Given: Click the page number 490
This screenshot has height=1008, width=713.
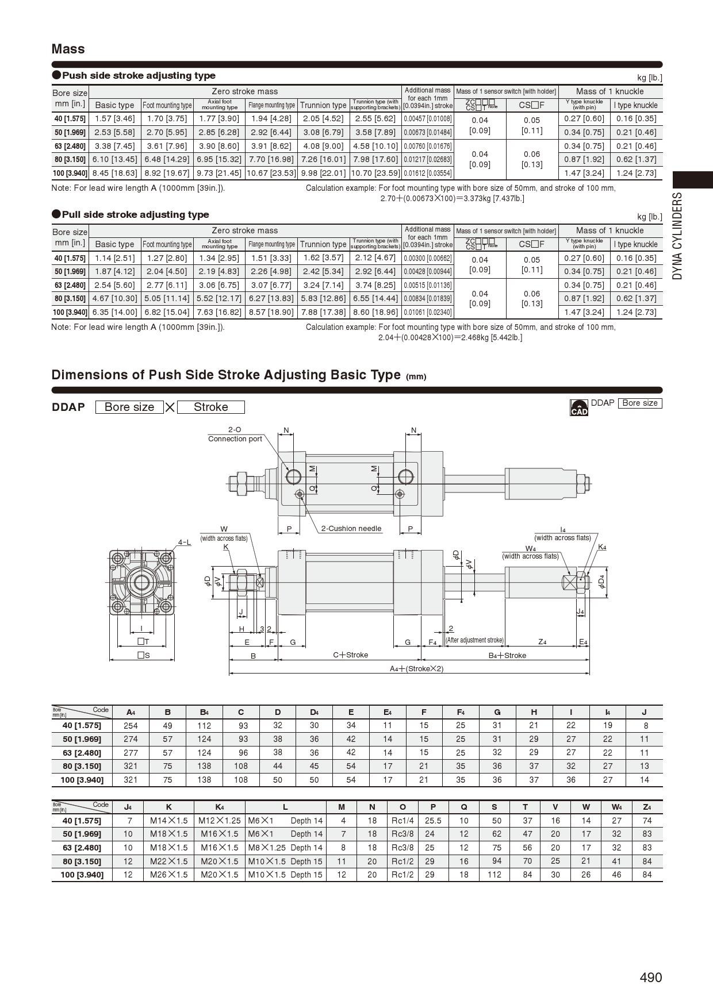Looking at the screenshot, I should click(650, 977).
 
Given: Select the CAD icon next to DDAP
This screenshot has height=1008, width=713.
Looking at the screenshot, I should click(579, 407).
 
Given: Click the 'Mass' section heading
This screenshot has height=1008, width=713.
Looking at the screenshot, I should click(68, 49).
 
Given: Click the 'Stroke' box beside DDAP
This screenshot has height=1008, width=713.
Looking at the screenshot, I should click(210, 407).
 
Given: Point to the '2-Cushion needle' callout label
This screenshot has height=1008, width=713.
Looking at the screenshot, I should click(351, 529).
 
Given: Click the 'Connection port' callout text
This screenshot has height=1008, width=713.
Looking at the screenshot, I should click(235, 438).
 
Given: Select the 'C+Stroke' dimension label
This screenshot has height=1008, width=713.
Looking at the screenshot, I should click(350, 655).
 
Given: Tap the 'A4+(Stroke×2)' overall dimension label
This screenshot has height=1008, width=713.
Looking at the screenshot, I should click(417, 668).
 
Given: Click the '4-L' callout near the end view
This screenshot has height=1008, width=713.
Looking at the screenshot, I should click(185, 542).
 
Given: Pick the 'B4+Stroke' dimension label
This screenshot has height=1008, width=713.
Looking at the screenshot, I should click(507, 655).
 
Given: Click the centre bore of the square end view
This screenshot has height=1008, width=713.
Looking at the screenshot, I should click(141, 583).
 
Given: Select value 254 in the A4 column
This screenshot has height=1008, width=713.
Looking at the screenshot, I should click(131, 726).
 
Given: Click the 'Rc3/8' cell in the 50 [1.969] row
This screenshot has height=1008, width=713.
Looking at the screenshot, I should click(402, 834).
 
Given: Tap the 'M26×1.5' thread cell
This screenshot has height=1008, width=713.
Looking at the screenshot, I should click(168, 875).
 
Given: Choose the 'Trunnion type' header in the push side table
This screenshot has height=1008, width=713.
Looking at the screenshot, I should click(323, 105).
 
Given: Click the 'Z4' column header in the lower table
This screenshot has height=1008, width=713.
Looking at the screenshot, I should click(647, 807).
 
